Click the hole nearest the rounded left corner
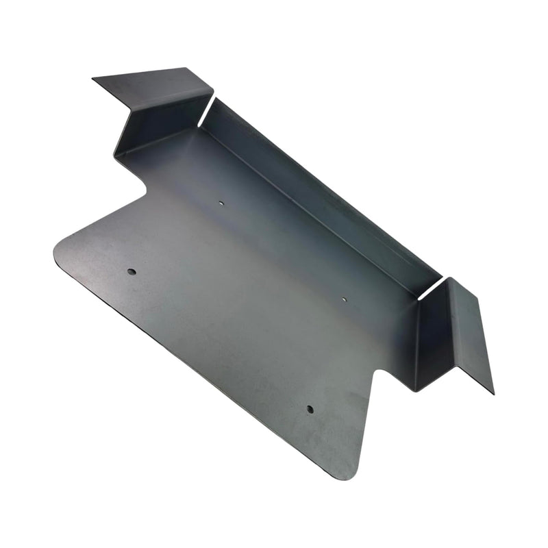[x=132, y=272]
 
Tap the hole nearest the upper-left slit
[x=221, y=203]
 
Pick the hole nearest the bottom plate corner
[x=310, y=410]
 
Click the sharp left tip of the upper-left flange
[x=94, y=79]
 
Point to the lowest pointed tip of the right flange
[x=493, y=393]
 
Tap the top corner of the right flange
[x=452, y=278]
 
